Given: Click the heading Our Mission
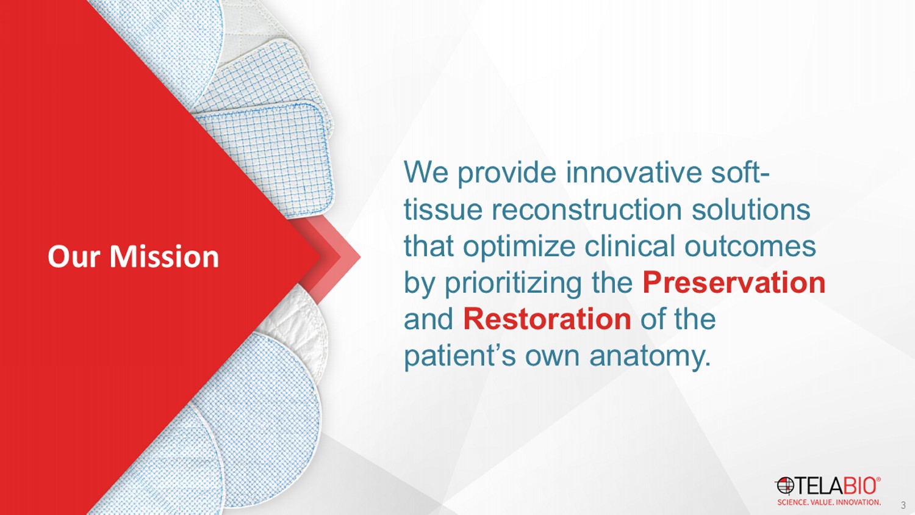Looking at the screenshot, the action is point(133,257).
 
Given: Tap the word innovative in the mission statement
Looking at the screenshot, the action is point(634,172).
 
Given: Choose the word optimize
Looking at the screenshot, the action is point(519,248).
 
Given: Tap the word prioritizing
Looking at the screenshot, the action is point(512,284).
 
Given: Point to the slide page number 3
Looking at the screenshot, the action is point(903,506).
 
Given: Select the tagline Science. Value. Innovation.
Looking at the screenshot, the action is point(829,502).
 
